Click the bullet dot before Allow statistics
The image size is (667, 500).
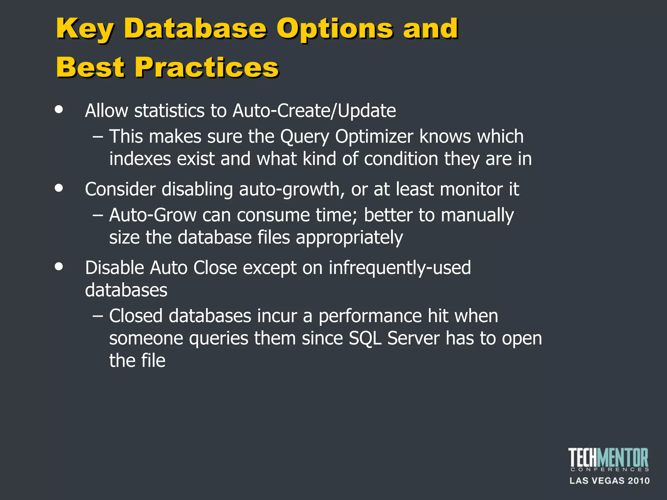[59, 109]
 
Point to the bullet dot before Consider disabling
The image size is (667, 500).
[59, 188]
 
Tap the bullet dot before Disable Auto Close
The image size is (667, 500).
[59, 267]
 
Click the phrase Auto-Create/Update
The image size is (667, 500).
[314, 111]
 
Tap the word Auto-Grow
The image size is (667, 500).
[153, 215]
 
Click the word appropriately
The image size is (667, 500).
[349, 238]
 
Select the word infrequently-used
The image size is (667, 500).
[400, 268]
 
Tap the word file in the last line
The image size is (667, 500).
[153, 361]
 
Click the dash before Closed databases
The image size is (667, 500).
[98, 316]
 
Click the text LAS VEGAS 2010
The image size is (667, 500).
[609, 481]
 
